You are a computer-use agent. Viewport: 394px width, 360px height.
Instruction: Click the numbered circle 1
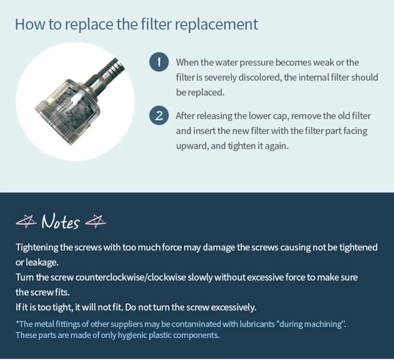[159, 62]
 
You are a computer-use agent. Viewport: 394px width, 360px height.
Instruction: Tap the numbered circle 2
[159, 116]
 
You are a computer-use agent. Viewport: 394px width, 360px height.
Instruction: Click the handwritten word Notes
[61, 222]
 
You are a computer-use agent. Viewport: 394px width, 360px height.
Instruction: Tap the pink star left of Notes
[26, 221]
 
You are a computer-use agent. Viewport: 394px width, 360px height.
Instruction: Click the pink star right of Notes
[96, 221]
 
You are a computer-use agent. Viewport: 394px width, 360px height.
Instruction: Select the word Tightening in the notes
[37, 248]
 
